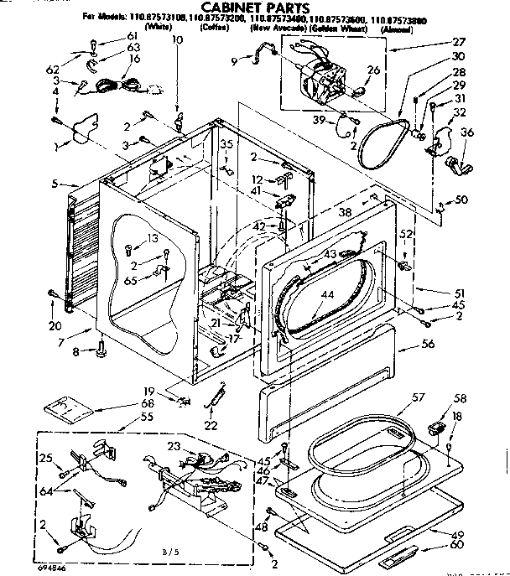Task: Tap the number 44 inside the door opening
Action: pos(326,294)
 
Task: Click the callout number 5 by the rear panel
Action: pos(55,183)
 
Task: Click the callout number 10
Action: pos(176,40)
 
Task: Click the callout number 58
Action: pos(460,399)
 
